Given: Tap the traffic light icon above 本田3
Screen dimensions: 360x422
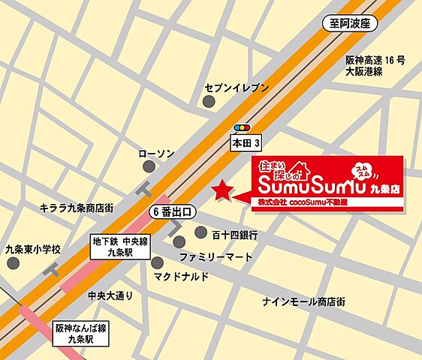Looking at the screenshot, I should (241, 127).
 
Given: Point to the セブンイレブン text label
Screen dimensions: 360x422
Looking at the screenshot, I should (236, 88).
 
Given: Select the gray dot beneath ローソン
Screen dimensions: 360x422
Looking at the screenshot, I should (147, 169).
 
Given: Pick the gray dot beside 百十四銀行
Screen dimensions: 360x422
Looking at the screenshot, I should (200, 232).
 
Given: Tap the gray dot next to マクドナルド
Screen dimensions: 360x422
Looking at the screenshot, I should (157, 262).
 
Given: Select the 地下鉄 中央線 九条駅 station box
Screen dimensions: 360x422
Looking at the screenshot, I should (120, 247).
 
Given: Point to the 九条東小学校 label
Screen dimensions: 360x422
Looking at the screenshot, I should (32, 249).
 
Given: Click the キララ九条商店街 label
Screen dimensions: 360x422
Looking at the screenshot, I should (77, 208).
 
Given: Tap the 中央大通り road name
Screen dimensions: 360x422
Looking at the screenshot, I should (110, 295).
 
